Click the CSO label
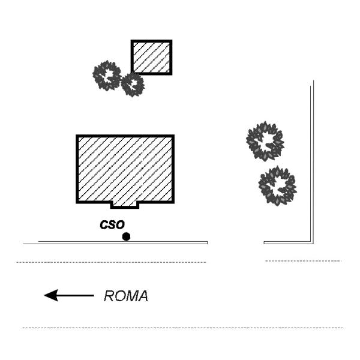click(x=112, y=225)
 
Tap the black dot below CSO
click(x=126, y=236)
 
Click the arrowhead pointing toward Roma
click(x=51, y=295)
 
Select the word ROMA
click(x=126, y=296)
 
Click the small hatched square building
click(x=152, y=58)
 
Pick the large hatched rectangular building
click(x=125, y=170)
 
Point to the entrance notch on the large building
click(x=125, y=205)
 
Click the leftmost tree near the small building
click(x=107, y=76)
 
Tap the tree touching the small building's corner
click(x=133, y=85)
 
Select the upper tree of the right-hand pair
click(x=265, y=141)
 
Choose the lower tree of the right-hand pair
click(x=277, y=186)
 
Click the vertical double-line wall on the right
click(x=312, y=161)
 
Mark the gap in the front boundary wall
click(x=236, y=242)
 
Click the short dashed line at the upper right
click(x=303, y=261)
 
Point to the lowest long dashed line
click(x=182, y=328)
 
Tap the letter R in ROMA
click(x=109, y=296)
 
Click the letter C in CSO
click(x=104, y=225)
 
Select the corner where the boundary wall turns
click(x=312, y=242)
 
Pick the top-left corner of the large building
click(x=77, y=136)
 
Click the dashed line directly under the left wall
click(x=111, y=262)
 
